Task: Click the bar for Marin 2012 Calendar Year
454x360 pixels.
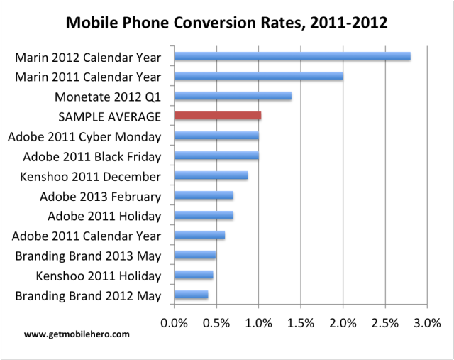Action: (292, 56)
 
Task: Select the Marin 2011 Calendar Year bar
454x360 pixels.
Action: (258, 75)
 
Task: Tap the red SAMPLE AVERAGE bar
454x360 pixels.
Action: (217, 116)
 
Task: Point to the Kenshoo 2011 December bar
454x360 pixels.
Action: (211, 175)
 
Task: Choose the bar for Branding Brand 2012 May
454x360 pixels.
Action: (191, 295)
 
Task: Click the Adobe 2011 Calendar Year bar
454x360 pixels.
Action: (199, 235)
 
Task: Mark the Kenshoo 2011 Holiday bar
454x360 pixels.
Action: (193, 275)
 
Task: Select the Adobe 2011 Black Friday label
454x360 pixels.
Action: (92, 156)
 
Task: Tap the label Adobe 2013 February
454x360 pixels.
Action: (101, 196)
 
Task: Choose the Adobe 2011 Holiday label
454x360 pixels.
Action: (104, 216)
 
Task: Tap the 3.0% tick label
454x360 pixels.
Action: (427, 323)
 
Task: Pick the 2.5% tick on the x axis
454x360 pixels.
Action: (385, 323)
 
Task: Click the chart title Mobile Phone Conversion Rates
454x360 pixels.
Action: (226, 23)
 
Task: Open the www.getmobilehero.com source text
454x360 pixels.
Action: (67, 333)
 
